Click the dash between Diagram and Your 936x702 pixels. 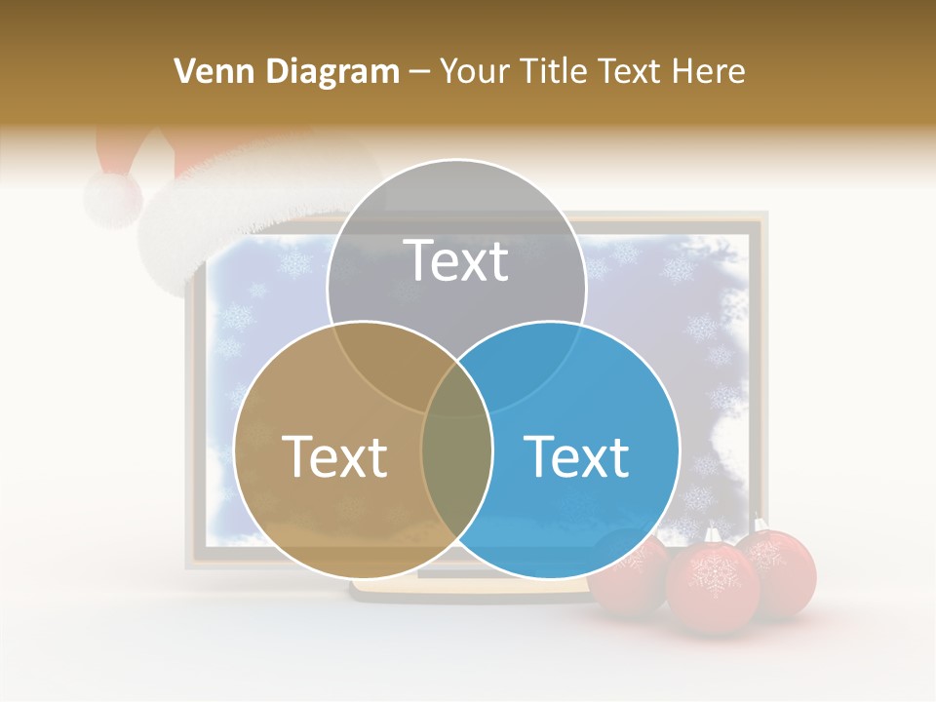tap(420, 72)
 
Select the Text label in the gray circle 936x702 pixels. tap(456, 260)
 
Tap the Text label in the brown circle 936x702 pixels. tap(334, 456)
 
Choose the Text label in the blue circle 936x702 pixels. tap(576, 456)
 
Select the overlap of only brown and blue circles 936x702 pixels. tap(456, 478)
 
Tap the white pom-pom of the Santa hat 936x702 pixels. tap(112, 199)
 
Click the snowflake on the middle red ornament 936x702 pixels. tap(712, 575)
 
